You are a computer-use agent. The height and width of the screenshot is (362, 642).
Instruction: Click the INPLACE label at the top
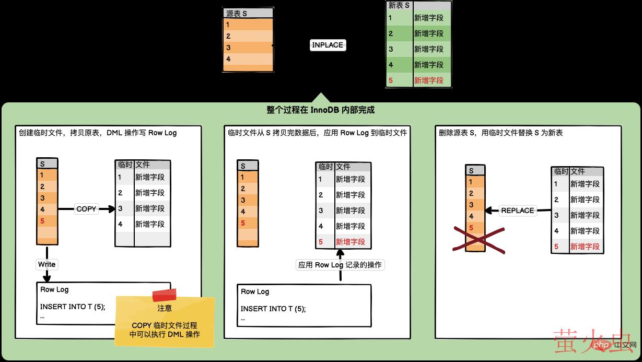328,45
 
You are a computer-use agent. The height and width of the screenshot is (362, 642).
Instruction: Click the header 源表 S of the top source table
237,14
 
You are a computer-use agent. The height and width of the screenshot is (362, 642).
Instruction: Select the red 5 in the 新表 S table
390,80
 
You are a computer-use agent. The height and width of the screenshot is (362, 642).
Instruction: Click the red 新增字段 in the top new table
428,80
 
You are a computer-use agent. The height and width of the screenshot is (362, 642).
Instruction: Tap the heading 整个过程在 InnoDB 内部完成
320,110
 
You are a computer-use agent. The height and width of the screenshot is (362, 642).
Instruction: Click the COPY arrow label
86,209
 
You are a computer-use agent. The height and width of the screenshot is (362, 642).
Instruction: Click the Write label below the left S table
46,264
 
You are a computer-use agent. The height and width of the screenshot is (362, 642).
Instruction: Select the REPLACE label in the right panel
517,211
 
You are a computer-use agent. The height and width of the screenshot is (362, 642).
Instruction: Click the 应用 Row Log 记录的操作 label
340,265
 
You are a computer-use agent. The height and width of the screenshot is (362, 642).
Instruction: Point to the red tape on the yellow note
164,295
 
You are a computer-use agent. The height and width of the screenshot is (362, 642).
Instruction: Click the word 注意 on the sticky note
165,308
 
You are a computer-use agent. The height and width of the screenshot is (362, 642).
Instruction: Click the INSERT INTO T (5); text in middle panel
273,309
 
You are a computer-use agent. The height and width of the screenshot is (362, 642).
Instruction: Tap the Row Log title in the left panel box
54,289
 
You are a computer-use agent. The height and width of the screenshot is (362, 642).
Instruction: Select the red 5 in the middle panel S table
243,223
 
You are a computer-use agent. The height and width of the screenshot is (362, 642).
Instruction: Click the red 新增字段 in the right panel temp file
585,247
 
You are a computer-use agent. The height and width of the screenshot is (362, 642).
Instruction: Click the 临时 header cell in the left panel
125,165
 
